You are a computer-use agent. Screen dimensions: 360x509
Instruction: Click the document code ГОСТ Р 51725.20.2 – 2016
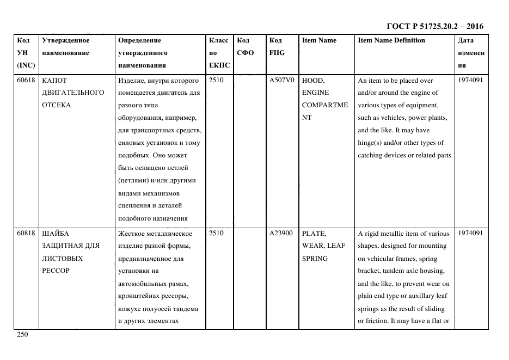(434, 26)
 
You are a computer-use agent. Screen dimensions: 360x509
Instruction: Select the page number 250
(22, 334)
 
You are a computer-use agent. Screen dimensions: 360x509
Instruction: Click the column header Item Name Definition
(391, 40)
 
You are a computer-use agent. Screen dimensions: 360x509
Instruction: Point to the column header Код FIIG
(277, 47)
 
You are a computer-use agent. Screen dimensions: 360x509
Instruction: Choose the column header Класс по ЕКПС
(219, 53)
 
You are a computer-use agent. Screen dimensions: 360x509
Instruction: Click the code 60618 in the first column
(26, 80)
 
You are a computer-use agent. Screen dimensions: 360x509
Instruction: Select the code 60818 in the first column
(26, 233)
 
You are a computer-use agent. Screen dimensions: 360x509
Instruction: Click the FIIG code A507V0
(281, 80)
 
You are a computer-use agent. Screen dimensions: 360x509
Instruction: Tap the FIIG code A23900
(281, 233)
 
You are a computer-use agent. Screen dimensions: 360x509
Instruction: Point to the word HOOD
(312, 80)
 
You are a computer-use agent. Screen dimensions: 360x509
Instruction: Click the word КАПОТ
(54, 80)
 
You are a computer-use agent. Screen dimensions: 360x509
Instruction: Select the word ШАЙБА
(56, 233)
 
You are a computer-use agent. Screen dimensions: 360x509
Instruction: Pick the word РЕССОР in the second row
(56, 271)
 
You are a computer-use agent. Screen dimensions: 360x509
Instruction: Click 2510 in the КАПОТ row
(217, 80)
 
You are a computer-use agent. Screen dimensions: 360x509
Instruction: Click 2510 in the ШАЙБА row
(217, 233)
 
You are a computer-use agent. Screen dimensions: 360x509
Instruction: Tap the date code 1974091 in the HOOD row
(470, 80)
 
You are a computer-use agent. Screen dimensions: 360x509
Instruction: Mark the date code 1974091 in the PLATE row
(470, 233)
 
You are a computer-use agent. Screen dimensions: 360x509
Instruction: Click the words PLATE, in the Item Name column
(314, 233)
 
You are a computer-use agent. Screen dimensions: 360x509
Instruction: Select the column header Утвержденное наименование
(66, 47)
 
